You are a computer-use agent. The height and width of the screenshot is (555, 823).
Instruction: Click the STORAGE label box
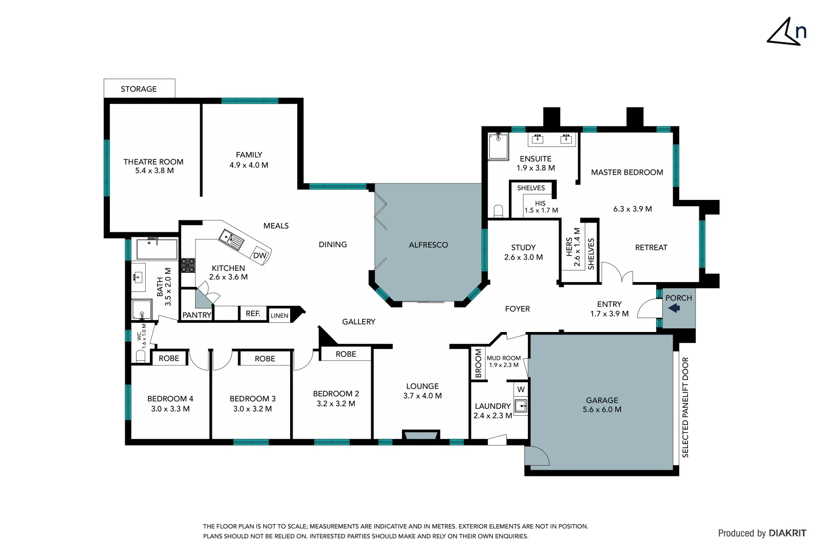pos(139,89)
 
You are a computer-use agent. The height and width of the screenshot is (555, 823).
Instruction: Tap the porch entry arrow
pos(674,308)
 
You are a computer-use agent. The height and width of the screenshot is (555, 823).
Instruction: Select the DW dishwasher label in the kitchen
pos(260,255)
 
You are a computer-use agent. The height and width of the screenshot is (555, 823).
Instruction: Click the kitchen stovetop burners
pos(188,265)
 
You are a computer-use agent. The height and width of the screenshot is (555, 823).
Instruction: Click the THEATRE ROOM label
pos(153,162)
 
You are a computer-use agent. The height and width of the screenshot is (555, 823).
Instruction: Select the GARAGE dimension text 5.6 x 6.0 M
pos(602,410)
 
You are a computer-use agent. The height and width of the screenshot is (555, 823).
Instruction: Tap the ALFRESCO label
pos(428,245)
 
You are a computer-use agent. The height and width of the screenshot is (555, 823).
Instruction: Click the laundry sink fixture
pos(521,406)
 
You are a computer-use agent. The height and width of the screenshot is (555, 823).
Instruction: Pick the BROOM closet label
pos(479,363)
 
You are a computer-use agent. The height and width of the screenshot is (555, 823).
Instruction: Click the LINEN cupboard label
pos(279,316)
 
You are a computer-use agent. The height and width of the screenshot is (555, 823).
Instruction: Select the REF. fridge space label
pos(253,313)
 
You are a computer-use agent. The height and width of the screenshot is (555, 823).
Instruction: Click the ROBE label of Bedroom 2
pos(346,354)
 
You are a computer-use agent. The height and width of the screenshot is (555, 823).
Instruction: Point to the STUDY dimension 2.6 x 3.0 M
pos(523,257)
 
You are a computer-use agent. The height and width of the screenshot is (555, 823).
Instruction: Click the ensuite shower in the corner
pos(498,146)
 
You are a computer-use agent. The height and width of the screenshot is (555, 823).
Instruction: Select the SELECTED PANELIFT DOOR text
pos(685,407)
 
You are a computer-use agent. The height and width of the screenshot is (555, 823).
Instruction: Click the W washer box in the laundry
pos(521,390)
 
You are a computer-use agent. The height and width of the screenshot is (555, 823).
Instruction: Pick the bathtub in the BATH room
pos(157,249)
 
